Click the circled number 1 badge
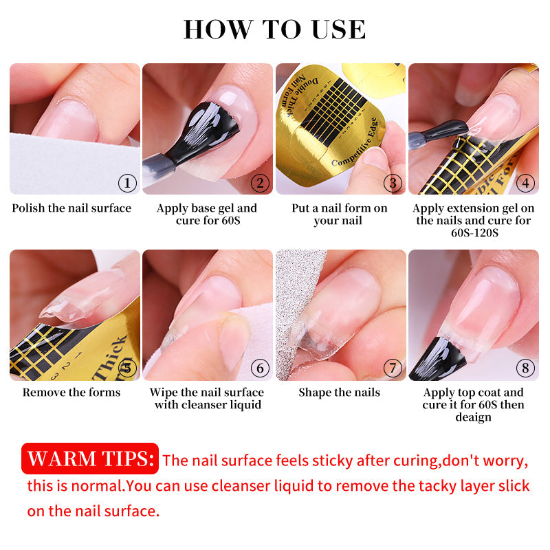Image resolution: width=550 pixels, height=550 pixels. pos(127,183)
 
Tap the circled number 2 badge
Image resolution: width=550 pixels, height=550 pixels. pos(260,183)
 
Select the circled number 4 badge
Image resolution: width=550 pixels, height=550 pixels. pos(525,183)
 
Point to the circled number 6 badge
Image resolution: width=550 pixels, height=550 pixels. pos(260,368)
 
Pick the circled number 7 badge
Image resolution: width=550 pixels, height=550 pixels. pos(393,368)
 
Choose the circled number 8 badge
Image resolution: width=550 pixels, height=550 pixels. pos(525,368)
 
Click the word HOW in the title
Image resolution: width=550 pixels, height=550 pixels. pos(218,30)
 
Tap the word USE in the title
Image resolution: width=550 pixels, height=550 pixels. pos(338,30)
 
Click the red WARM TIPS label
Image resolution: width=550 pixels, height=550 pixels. pos(90,459)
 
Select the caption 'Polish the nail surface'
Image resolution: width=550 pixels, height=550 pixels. pos(71,208)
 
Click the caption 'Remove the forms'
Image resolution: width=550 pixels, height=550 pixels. pos(71,392)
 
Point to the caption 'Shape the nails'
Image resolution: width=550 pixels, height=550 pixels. pos(339,392)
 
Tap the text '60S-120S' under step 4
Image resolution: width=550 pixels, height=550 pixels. pos(474,233)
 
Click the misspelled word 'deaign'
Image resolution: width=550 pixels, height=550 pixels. pos(473,417)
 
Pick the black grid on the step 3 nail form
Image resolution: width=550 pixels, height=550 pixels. pos(333,111)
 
